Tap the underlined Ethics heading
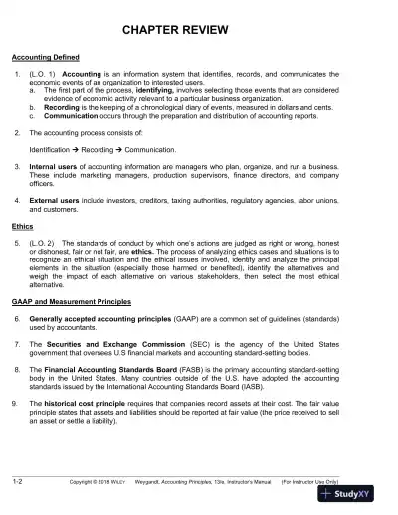(x=23, y=226)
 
